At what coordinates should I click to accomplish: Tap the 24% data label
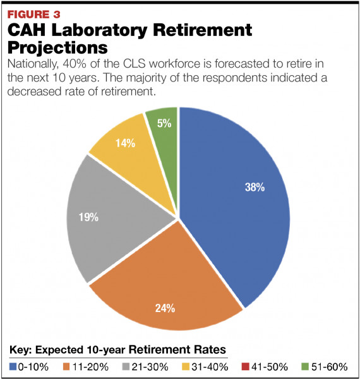coord(165,308)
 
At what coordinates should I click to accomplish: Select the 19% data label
coord(88,217)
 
